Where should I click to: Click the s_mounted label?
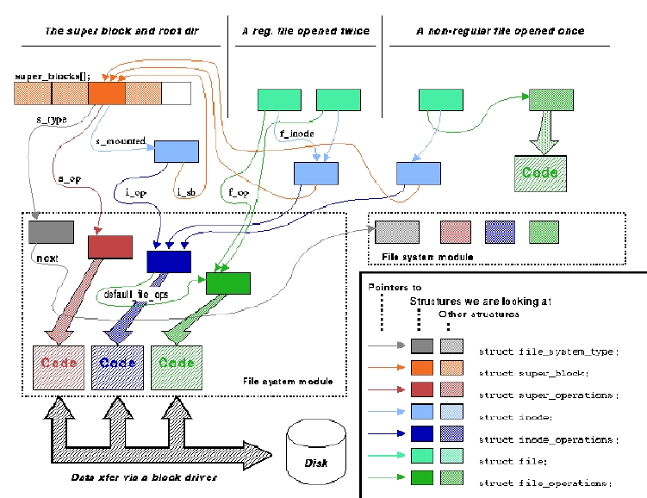(120, 140)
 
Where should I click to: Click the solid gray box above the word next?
(51, 232)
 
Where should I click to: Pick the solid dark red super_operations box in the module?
(109, 246)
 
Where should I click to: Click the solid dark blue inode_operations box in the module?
(168, 261)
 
